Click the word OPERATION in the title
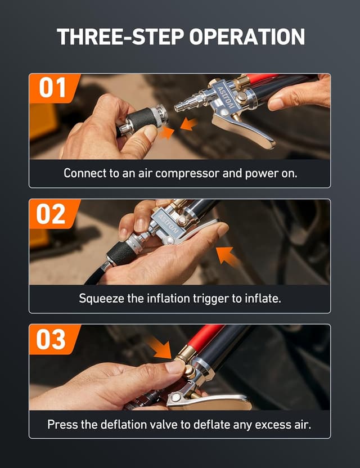(x=247, y=37)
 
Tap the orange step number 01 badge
(x=52, y=88)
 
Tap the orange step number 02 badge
(x=52, y=214)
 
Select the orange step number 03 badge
(x=52, y=339)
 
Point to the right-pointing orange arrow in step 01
(x=166, y=133)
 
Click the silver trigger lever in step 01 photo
(x=247, y=130)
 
